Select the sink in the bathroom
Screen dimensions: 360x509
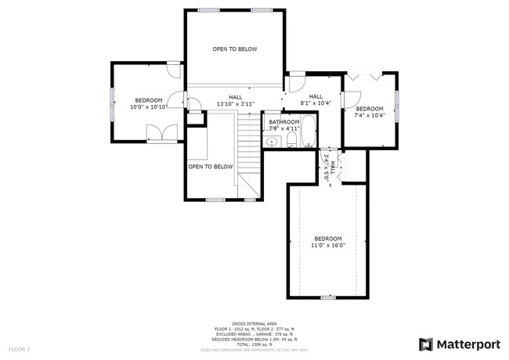click(273, 142)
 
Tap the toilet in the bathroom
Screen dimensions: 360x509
click(291, 140)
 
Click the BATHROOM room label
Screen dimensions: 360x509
click(284, 122)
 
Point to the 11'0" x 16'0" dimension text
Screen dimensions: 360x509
click(327, 245)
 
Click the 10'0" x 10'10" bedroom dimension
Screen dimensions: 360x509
click(148, 107)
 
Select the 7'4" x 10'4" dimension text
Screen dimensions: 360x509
click(370, 115)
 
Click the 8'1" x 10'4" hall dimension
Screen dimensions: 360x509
click(316, 103)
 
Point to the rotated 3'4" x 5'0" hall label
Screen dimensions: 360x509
click(330, 167)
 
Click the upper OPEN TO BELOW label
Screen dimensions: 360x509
click(235, 49)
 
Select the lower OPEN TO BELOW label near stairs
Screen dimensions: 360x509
click(211, 166)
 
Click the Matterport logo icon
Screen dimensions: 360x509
click(425, 344)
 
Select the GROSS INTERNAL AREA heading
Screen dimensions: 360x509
click(255, 322)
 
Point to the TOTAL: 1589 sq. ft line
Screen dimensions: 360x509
click(255, 344)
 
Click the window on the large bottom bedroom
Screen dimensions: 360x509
click(327, 297)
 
